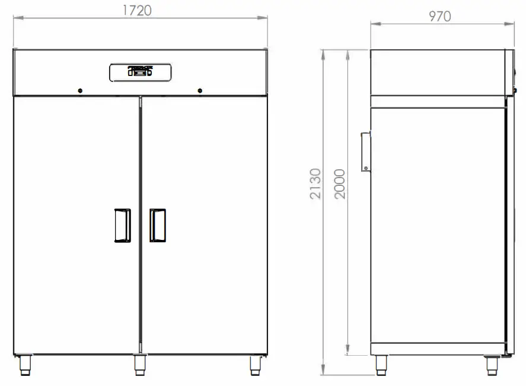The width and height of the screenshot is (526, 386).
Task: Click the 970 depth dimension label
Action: (440, 16)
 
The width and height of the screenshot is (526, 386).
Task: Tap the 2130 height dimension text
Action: (315, 183)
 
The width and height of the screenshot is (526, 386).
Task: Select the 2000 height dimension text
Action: (339, 183)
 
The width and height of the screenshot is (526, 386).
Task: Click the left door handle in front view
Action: (122, 225)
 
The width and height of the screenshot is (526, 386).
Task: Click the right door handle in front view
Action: (157, 225)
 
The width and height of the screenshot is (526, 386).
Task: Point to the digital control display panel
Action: (141, 72)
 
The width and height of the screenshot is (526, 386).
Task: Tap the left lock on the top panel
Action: (80, 91)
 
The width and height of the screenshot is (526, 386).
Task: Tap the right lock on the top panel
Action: (200, 91)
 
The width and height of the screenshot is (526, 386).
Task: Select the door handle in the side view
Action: (366, 151)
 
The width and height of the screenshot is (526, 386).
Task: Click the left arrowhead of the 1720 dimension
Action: (17, 18)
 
